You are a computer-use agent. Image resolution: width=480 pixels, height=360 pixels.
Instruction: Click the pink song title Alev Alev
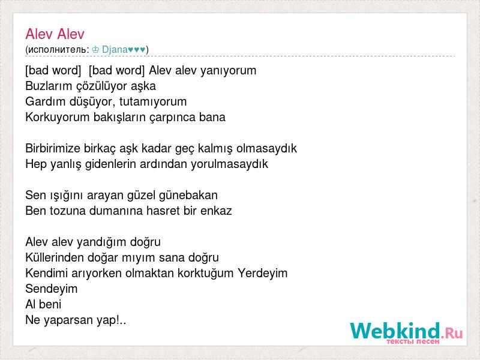click(x=55, y=34)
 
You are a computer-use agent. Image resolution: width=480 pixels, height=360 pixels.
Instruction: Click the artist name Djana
click(x=115, y=49)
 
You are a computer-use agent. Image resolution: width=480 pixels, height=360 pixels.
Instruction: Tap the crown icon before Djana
click(x=95, y=49)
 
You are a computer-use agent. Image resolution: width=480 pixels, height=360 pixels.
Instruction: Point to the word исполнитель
click(x=57, y=50)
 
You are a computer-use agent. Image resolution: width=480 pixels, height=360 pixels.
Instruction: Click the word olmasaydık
click(x=266, y=148)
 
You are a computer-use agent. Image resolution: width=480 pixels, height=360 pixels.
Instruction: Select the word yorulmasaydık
click(x=229, y=164)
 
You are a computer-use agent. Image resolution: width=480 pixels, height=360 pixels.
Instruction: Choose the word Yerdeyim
click(x=263, y=273)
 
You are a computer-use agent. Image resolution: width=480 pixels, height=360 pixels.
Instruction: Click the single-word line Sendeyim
click(x=52, y=289)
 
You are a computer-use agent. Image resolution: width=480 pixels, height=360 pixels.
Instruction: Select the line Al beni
click(x=43, y=304)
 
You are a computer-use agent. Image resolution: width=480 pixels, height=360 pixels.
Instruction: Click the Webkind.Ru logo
click(x=406, y=332)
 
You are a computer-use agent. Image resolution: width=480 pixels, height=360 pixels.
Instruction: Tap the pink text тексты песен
click(x=413, y=341)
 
